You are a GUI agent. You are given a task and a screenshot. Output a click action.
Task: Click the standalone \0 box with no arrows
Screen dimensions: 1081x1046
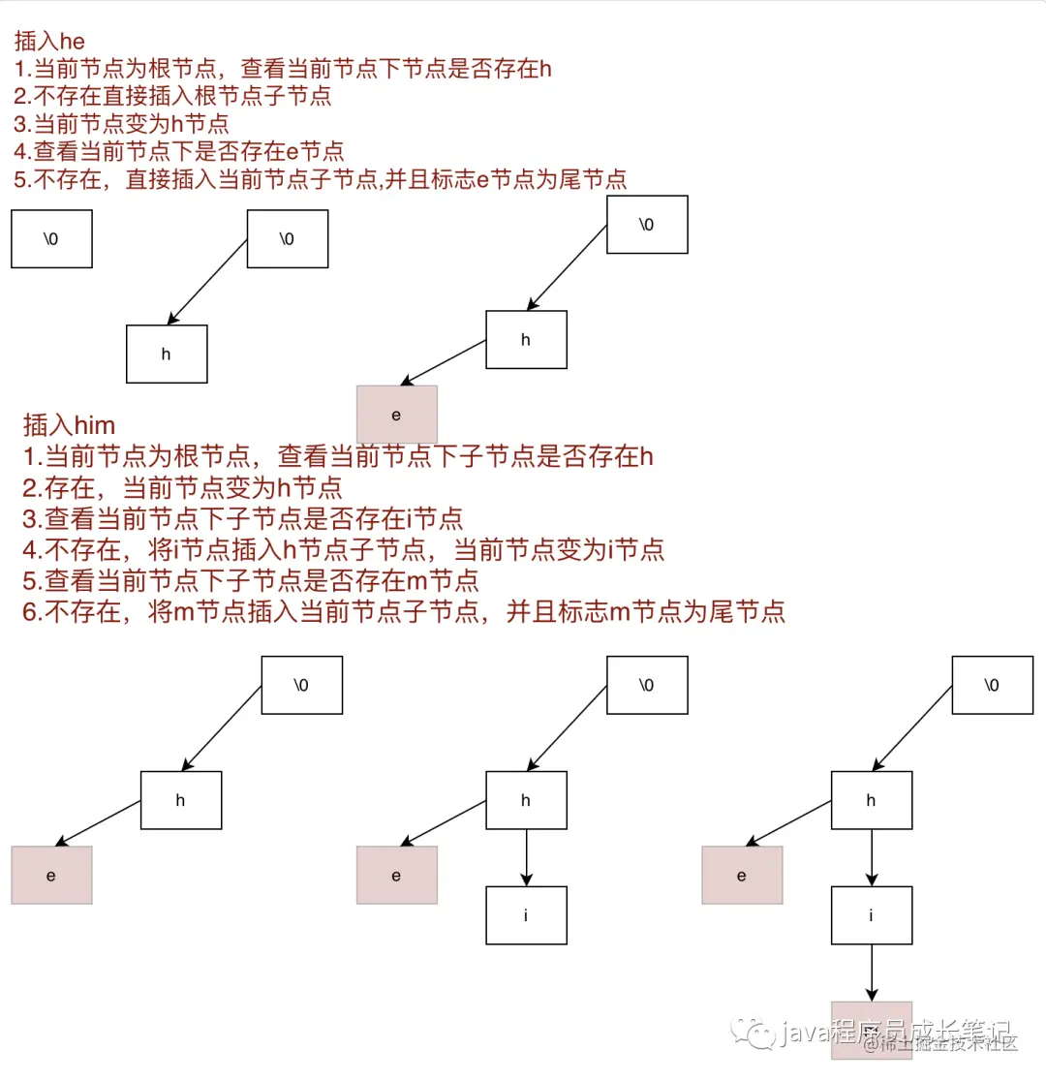tap(51, 238)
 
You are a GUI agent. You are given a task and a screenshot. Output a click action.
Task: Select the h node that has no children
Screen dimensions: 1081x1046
tap(167, 354)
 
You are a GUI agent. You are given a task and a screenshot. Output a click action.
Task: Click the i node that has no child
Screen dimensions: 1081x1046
tap(526, 914)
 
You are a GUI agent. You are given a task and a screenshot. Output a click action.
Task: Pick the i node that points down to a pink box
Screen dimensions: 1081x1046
tap(871, 914)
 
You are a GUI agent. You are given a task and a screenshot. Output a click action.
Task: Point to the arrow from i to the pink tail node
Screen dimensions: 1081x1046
tap(871, 973)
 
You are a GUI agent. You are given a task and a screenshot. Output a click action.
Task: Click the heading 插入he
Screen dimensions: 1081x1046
tap(50, 43)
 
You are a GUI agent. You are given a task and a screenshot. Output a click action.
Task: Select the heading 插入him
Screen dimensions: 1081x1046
tap(69, 424)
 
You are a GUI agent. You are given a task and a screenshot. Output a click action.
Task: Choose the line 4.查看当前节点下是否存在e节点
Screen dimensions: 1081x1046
tap(179, 151)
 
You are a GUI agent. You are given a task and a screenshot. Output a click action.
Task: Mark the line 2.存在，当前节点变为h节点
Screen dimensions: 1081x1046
tap(182, 487)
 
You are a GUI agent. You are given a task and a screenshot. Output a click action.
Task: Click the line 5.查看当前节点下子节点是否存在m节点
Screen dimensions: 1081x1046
tap(251, 580)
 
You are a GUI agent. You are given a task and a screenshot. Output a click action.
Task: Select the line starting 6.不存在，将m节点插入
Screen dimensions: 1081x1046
tap(403, 611)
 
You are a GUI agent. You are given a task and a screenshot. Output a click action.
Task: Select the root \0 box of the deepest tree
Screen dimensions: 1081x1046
tap(992, 685)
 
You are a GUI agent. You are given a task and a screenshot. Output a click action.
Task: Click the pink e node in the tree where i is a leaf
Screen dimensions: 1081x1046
tap(396, 875)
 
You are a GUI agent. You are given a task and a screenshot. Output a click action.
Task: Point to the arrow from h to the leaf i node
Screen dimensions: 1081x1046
tap(526, 856)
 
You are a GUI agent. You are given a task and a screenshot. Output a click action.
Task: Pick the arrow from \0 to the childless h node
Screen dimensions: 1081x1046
tap(208, 281)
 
